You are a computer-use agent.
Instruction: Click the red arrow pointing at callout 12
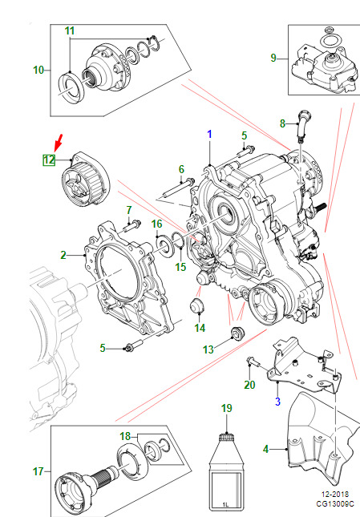click(59, 143)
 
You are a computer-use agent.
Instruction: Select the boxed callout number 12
click(49, 160)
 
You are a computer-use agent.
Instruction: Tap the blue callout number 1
click(209, 134)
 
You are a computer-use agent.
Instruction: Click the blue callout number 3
click(277, 402)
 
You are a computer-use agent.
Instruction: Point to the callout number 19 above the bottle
click(226, 408)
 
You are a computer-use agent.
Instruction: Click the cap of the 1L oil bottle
click(226, 438)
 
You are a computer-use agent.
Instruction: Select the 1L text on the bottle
click(225, 505)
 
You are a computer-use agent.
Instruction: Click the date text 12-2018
click(334, 495)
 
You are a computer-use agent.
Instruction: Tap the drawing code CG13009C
click(335, 504)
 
